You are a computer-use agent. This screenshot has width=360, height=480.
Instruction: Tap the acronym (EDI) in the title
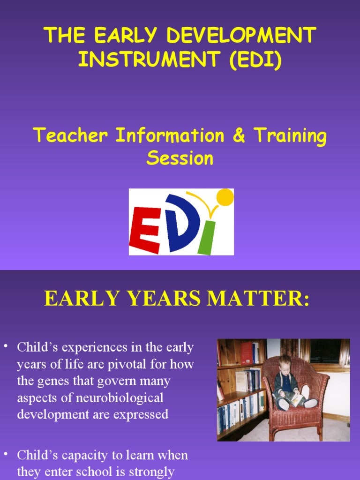(256, 60)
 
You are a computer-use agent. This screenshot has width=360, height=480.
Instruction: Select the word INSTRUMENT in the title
(150, 60)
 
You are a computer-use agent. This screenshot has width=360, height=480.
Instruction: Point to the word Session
(180, 158)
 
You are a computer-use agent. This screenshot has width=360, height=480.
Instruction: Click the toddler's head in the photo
(285, 363)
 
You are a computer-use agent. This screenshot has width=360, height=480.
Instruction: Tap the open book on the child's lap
(296, 400)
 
